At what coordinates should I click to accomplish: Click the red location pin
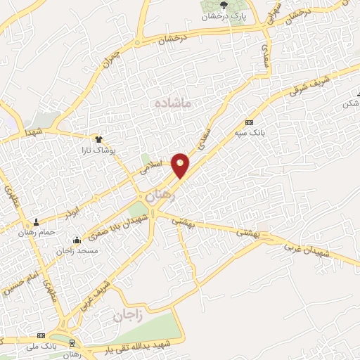[x=181, y=165]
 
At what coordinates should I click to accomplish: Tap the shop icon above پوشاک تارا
[x=98, y=139]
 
